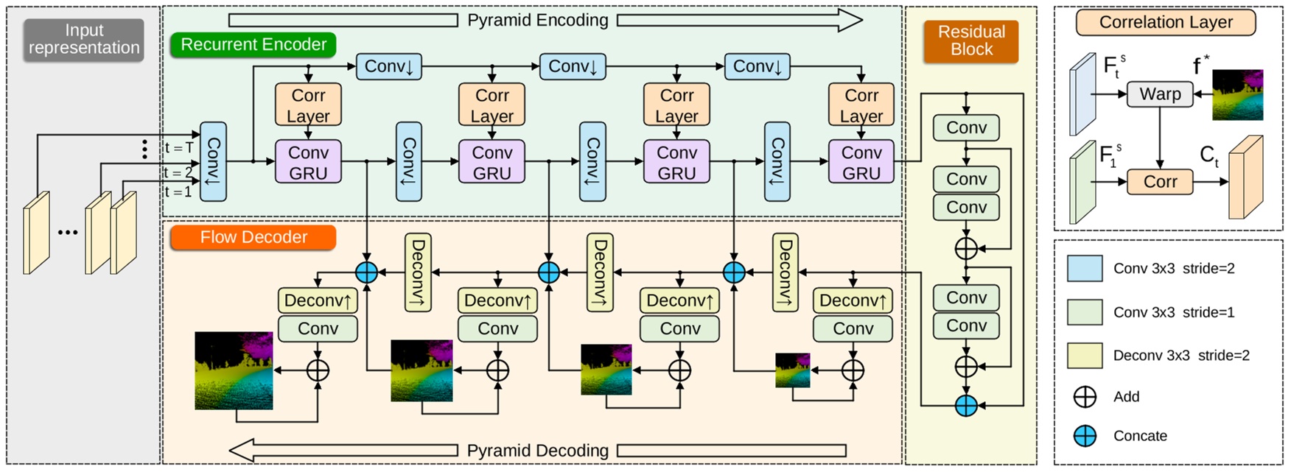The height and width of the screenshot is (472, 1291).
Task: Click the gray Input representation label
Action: [83, 40]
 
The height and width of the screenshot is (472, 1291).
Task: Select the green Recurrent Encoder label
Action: [253, 45]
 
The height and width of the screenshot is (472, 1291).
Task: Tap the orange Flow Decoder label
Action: [253, 237]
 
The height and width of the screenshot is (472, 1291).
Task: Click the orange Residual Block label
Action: [970, 41]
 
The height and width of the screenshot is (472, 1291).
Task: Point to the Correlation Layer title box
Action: [1165, 23]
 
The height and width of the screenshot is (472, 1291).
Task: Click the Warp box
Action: [1160, 94]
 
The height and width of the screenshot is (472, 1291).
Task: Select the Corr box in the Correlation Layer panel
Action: [1160, 182]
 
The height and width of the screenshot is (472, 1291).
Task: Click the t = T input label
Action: [178, 148]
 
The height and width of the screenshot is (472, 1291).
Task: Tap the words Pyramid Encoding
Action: [537, 21]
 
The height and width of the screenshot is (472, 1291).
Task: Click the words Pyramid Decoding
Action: [537, 451]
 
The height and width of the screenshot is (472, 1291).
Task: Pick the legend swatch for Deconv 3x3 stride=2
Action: [1085, 356]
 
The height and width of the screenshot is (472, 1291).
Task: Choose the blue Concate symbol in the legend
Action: [1085, 436]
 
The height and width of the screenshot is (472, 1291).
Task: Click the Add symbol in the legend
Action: [1085, 397]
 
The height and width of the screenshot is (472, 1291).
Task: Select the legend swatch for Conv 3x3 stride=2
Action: [1085, 269]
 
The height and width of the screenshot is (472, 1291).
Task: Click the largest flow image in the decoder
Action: [234, 370]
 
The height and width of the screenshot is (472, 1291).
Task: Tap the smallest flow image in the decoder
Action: [792, 370]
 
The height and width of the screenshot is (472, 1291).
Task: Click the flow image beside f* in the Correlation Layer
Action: [1237, 95]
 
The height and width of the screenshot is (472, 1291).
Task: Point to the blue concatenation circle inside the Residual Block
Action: [965, 405]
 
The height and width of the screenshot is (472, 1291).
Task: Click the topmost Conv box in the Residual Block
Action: [965, 128]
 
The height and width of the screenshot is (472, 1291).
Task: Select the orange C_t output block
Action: [1245, 178]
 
